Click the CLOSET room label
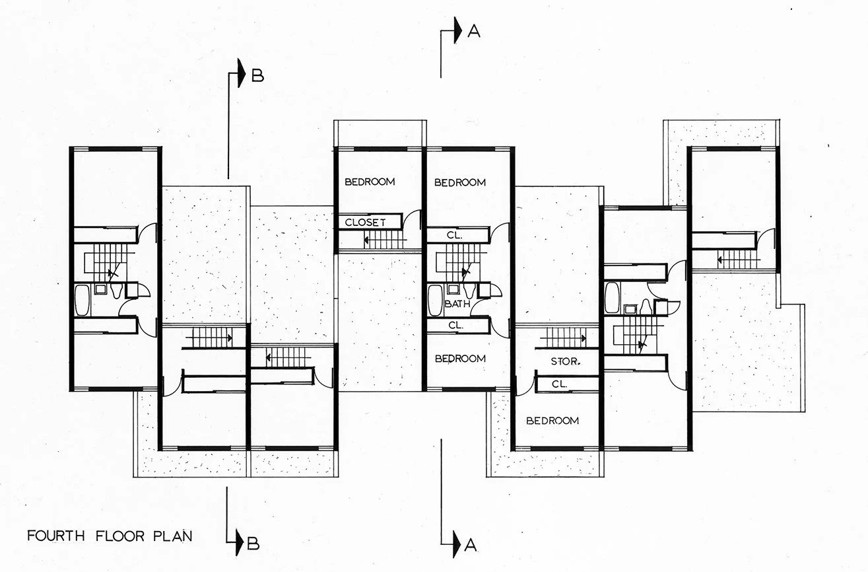pos(365,223)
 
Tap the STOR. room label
pos(566,361)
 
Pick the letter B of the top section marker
pos(257,76)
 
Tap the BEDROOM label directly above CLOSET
pos(370,182)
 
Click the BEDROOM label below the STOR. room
pos(552,421)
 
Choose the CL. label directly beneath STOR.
pos(558,384)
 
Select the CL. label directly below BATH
pos(455,326)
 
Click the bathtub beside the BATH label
pos(435,301)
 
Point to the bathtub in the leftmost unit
pos(82,301)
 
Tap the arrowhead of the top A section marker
pos(457,32)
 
